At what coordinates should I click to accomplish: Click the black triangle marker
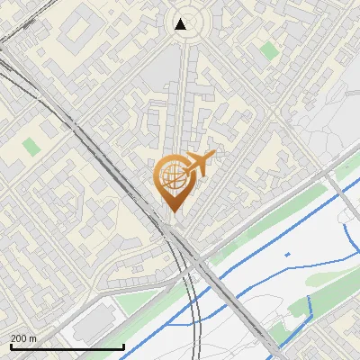click(181, 24)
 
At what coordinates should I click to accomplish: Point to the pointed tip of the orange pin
click(172, 211)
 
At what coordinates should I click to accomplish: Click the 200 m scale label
click(23, 338)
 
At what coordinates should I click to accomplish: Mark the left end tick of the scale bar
click(10, 346)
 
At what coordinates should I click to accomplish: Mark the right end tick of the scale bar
click(123, 346)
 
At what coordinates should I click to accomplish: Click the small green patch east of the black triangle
click(268, 50)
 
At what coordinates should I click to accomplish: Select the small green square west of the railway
click(32, 146)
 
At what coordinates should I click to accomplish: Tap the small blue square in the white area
click(287, 255)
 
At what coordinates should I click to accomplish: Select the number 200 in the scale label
click(19, 338)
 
